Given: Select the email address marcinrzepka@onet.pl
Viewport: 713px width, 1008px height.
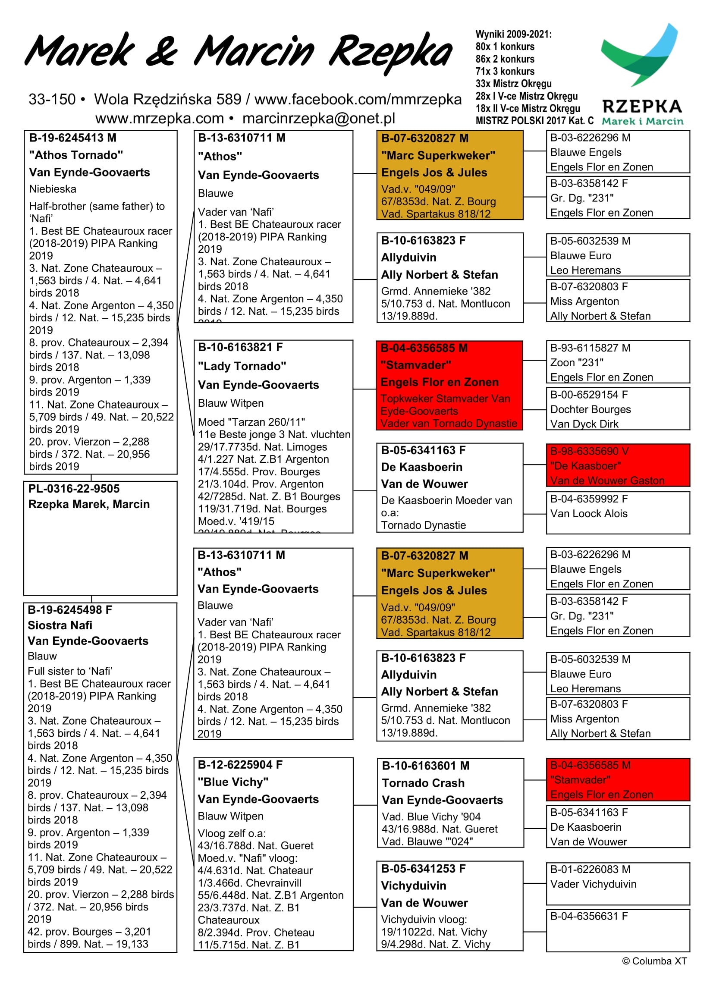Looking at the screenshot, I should click(x=319, y=119).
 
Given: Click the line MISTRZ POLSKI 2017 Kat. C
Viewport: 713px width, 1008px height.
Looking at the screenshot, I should click(x=534, y=121).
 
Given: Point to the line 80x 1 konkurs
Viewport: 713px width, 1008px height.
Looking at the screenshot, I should click(x=505, y=47).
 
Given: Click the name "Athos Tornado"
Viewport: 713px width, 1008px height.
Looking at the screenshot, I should click(x=76, y=155).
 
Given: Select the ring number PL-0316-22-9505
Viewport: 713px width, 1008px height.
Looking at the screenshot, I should click(x=74, y=489).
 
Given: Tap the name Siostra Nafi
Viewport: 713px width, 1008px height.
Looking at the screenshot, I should click(x=60, y=625).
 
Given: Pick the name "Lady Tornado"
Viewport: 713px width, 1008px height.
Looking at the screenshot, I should click(x=242, y=366).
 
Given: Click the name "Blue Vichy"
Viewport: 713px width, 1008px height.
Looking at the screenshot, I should click(x=232, y=782).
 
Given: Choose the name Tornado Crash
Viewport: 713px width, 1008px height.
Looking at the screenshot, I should click(x=423, y=783).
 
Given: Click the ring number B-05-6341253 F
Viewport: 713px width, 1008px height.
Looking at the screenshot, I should click(x=423, y=868).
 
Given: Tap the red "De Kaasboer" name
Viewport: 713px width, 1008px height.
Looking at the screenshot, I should click(x=585, y=466).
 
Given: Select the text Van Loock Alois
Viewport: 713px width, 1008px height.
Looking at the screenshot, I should click(x=589, y=513).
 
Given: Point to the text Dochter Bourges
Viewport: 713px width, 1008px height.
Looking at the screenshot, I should click(x=591, y=409).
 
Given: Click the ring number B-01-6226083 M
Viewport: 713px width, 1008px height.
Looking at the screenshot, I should click(x=590, y=869).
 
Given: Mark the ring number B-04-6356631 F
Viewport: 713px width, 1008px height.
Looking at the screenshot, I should click(x=589, y=916).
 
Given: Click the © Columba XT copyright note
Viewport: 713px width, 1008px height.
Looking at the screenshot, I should click(x=654, y=961).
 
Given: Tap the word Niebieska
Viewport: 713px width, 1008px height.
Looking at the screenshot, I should click(x=53, y=189).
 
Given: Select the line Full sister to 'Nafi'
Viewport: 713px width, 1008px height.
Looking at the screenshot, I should click(x=70, y=671).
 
